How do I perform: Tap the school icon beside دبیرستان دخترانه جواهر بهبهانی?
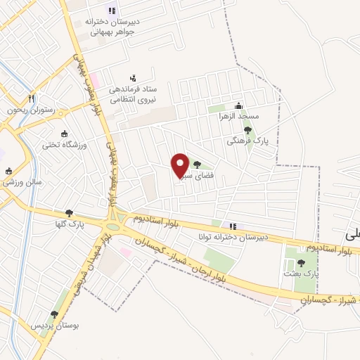pyautogui.click(x=110, y=10)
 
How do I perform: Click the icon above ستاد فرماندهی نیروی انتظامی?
pyautogui.click(x=133, y=78)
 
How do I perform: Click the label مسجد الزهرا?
pyautogui.click(x=239, y=115)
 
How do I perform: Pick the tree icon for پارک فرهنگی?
pyautogui.click(x=247, y=130)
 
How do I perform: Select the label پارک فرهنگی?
pyautogui.click(x=242, y=141)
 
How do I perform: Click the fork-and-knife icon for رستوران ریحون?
pyautogui.click(x=30, y=98)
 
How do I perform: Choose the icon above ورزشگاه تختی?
pyautogui.click(x=65, y=134)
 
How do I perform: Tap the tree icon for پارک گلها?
pyautogui.click(x=68, y=214)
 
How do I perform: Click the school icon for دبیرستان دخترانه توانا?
pyautogui.click(x=233, y=226)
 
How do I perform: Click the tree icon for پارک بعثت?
pyautogui.click(x=301, y=262)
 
